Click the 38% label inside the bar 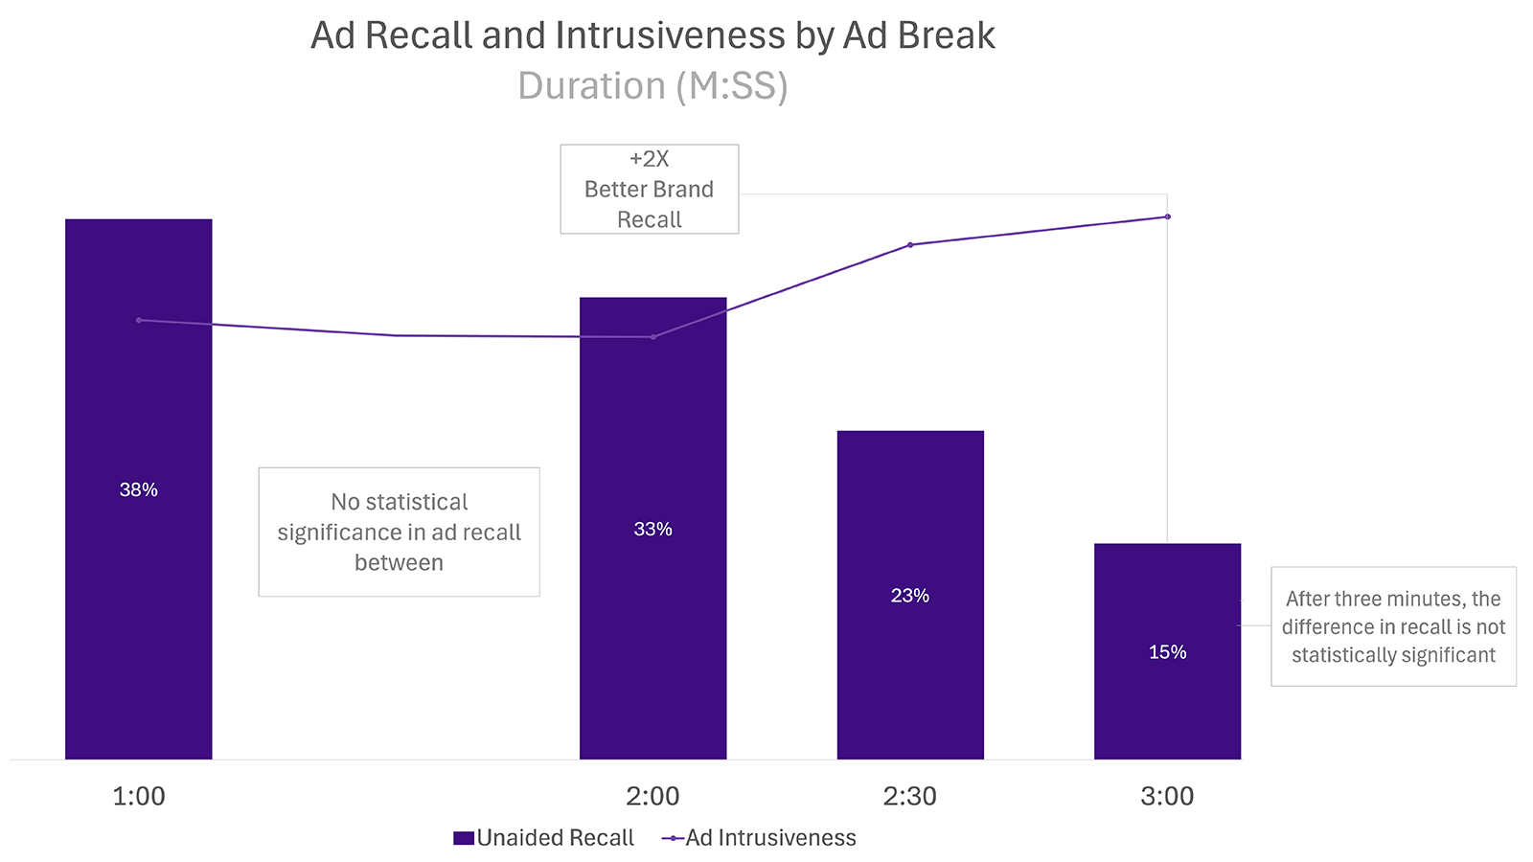tap(138, 489)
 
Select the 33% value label tap(652, 529)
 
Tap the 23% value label tap(909, 596)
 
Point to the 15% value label tap(1167, 652)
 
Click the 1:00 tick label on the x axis tap(139, 796)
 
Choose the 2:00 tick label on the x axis tap(652, 796)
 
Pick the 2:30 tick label tap(909, 796)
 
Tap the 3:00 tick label tap(1167, 796)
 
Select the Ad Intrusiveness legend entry tap(770, 838)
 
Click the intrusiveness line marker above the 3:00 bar tap(1167, 216)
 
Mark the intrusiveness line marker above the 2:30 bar tap(910, 245)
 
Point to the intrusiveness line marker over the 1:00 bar tap(139, 320)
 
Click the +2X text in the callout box tap(649, 159)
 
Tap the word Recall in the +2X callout tap(649, 219)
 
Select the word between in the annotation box tap(399, 562)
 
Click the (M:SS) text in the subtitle tap(731, 86)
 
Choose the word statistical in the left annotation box tap(417, 502)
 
